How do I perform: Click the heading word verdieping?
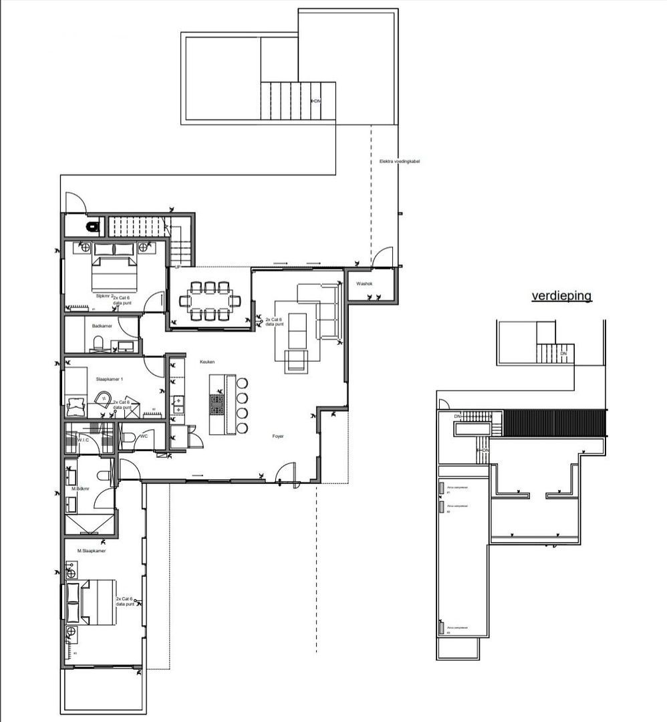coord(561,295)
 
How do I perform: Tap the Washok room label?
coord(364,284)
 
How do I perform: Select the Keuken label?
coord(207,362)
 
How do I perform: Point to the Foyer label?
coord(278,435)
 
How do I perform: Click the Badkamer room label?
coord(102,326)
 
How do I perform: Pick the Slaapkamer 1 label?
coord(110,379)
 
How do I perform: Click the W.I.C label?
coord(84,440)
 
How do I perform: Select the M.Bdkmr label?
coord(81,489)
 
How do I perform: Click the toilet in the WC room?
coord(128,439)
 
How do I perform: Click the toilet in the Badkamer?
coord(98,344)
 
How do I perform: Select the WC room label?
coord(143,436)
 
